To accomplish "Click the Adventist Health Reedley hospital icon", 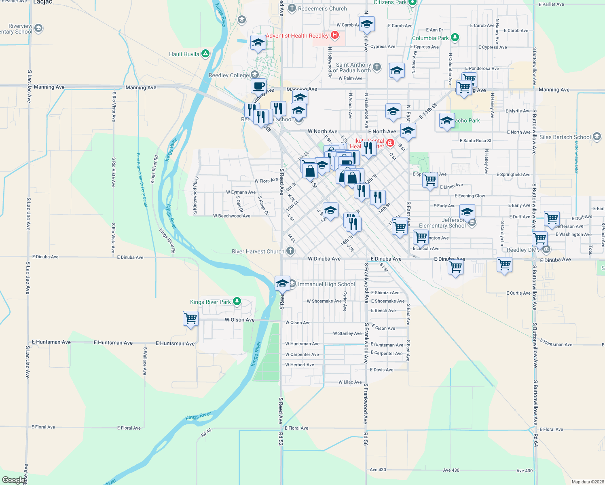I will point(335,35).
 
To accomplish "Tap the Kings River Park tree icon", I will point(237,302).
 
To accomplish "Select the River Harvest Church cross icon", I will point(290,251).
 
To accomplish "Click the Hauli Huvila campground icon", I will point(205,54).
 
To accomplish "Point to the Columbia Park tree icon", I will point(455,38).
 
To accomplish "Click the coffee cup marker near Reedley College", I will point(258,86).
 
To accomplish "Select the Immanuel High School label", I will point(326,284).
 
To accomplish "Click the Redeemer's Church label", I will point(322,8).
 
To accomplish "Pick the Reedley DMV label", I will point(523,250).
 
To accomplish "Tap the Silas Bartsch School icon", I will point(597,137).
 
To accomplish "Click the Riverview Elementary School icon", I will point(38,28).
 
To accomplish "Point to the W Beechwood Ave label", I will point(232,216).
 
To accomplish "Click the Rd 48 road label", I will point(206,432).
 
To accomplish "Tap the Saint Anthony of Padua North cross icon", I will point(377,67).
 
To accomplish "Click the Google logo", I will point(13,480).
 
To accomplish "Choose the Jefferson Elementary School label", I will point(442,223).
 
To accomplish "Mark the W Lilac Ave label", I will point(350,382).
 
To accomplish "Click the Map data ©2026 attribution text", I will point(588,482).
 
